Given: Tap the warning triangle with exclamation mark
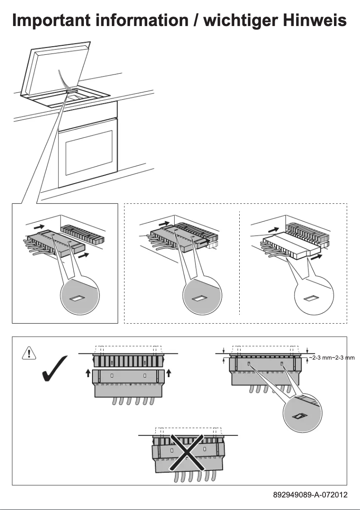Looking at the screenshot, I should [28, 353].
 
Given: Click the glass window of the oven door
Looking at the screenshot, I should [88, 152].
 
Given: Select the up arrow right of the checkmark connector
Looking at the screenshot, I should [169, 373].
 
